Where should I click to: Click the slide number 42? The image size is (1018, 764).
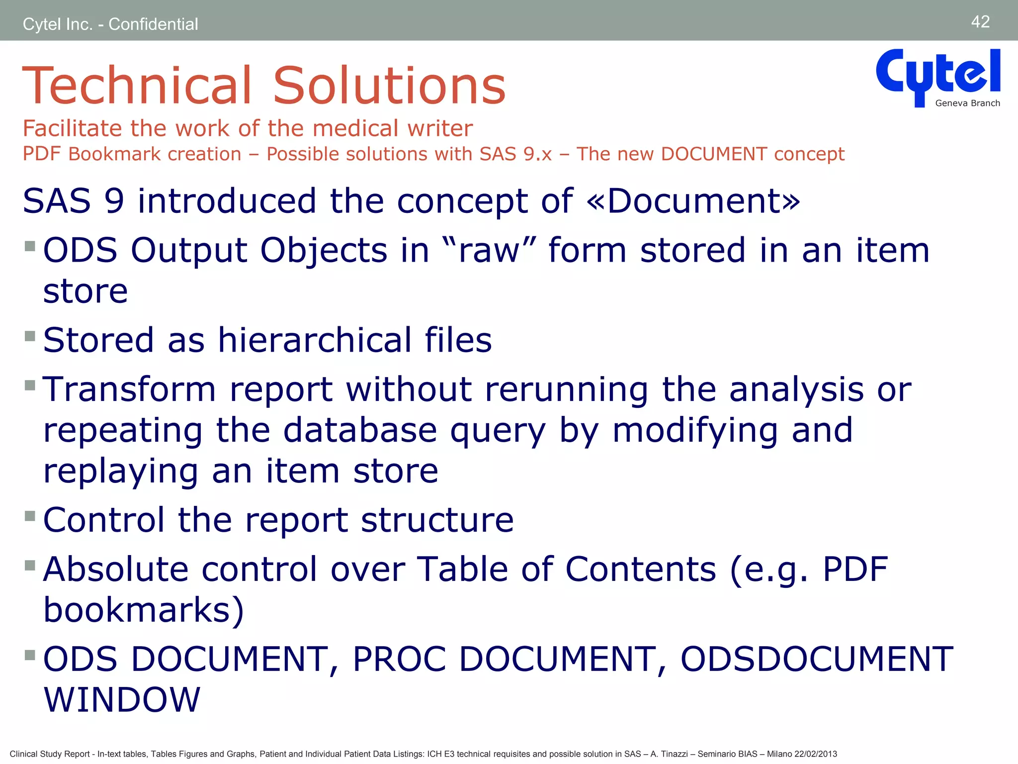[980, 22]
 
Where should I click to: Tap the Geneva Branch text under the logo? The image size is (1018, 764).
[967, 103]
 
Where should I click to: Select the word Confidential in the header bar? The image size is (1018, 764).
[153, 24]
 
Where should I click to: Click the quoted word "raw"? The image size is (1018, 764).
[488, 250]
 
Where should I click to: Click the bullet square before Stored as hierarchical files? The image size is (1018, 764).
[30, 336]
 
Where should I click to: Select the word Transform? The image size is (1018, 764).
[130, 389]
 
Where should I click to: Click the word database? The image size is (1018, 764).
[360, 430]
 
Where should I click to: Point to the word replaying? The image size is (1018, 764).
[120, 472]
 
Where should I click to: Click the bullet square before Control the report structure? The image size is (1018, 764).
[30, 516]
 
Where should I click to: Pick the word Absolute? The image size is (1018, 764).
[116, 569]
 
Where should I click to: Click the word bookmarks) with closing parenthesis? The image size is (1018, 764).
[144, 610]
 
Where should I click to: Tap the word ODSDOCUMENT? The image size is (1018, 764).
[816, 659]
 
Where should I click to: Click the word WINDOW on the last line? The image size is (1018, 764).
[122, 700]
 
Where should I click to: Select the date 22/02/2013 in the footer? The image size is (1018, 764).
[815, 754]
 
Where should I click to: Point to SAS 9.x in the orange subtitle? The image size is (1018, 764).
[515, 154]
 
